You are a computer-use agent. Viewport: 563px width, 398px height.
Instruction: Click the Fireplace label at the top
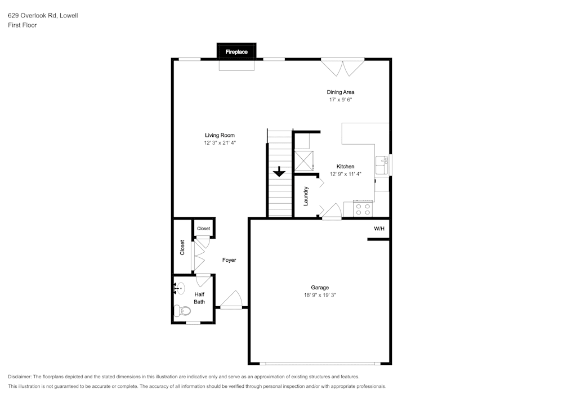(x=236, y=52)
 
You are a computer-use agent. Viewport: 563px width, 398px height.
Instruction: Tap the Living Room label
(x=220, y=135)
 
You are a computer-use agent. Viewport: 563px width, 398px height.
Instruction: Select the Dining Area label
(x=341, y=92)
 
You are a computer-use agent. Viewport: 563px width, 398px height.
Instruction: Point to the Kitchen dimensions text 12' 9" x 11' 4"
(x=345, y=174)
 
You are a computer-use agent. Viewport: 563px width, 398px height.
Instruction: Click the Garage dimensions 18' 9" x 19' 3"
(x=320, y=295)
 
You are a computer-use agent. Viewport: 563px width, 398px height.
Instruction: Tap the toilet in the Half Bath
(x=182, y=309)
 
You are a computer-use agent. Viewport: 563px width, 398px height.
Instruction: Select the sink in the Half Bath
(x=178, y=289)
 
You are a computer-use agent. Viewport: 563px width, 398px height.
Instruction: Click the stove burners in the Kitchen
(x=363, y=209)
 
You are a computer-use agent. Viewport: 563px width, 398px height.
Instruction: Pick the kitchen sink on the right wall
(x=385, y=166)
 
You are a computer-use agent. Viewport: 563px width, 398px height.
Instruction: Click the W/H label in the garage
(x=379, y=229)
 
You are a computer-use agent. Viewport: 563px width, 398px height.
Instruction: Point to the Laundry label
(x=306, y=196)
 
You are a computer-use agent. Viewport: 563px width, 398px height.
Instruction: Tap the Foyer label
(x=229, y=260)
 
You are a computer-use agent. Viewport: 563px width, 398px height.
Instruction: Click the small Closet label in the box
(x=203, y=229)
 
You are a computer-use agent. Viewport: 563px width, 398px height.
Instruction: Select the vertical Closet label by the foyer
(x=182, y=248)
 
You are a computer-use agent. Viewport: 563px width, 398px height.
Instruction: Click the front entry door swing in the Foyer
(x=232, y=300)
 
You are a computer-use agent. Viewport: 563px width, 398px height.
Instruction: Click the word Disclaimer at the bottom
(x=20, y=377)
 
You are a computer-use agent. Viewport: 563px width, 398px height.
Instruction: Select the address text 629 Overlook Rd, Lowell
(x=43, y=16)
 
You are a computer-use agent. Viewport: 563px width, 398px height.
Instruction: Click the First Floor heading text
(x=23, y=25)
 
